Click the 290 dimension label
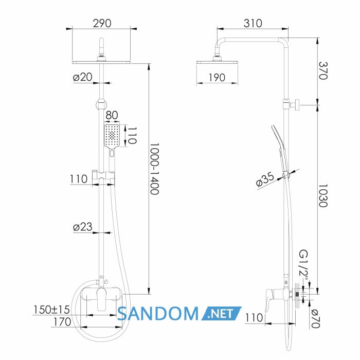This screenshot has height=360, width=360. click(x=102, y=23)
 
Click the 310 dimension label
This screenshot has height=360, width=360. click(x=253, y=23)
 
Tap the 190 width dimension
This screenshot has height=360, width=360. click(x=217, y=78)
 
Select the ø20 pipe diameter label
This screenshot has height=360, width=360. click(x=82, y=77)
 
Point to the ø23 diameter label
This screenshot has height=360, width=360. click(x=82, y=227)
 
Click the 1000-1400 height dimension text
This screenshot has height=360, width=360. click(x=154, y=169)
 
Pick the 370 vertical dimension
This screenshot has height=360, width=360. click(x=323, y=70)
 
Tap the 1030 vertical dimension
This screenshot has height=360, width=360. click(x=323, y=195)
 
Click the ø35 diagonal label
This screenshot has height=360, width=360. click(x=265, y=179)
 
